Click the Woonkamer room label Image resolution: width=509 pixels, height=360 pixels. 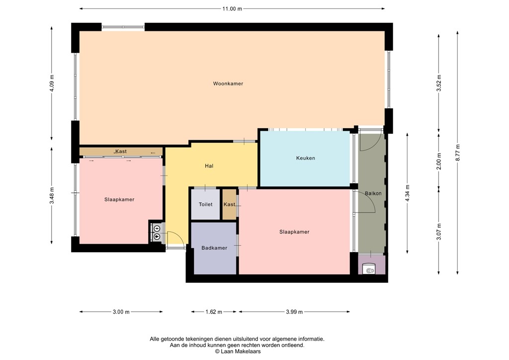point(228,84)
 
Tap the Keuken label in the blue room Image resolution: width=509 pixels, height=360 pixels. point(305,158)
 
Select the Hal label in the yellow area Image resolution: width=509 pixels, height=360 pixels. point(209,166)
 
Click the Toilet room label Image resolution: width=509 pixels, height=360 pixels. point(205,204)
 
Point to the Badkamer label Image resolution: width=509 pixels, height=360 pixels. point(214,248)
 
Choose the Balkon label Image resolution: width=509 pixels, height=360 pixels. point(373,193)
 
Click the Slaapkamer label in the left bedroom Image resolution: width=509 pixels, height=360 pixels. point(119,199)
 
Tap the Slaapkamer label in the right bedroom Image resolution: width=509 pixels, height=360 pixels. point(294,232)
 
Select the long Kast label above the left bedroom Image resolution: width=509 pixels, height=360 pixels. point(121,151)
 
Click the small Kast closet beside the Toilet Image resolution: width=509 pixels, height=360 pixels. point(229,204)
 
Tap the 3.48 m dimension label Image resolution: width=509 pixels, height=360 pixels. point(52,195)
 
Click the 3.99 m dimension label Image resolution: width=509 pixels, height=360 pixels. point(294,312)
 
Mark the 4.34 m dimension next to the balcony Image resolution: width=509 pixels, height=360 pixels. point(407,192)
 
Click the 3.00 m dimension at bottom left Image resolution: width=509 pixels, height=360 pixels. point(121,312)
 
